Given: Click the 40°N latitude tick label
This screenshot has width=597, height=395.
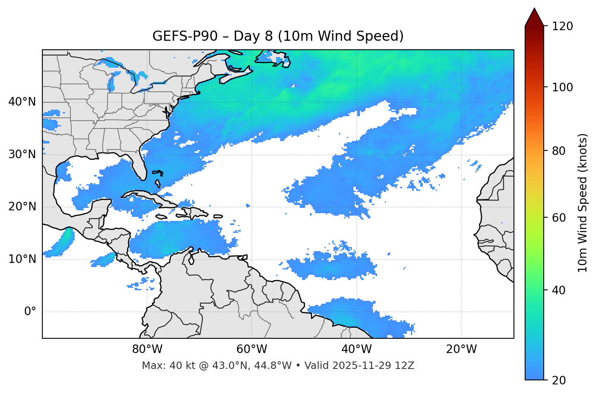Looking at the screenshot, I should point(22,102).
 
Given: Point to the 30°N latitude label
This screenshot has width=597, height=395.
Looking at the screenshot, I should point(22,154).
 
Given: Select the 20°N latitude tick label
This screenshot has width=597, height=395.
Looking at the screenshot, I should point(22,207).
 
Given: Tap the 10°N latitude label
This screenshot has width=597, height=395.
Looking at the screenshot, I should point(22,259).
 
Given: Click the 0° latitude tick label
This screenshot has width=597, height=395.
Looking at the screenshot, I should point(30,312).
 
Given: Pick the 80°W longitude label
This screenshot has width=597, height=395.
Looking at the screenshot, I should point(147,349).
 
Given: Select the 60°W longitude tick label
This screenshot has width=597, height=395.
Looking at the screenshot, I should point(252,349).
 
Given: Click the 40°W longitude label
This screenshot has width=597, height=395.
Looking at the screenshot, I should point(357,349).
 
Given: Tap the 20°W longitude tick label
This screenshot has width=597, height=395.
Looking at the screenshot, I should point(461,349).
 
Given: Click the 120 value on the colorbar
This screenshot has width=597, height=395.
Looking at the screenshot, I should point(562,26).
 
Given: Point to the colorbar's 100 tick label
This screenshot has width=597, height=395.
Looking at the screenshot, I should point(562,87).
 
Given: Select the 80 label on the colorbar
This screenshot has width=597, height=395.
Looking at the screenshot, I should point(559,151).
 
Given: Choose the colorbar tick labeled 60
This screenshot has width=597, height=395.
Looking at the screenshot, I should point(559,218).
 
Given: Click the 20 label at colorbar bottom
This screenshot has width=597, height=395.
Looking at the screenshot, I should point(559,380).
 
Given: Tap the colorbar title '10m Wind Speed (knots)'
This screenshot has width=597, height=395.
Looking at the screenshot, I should point(583,203).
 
